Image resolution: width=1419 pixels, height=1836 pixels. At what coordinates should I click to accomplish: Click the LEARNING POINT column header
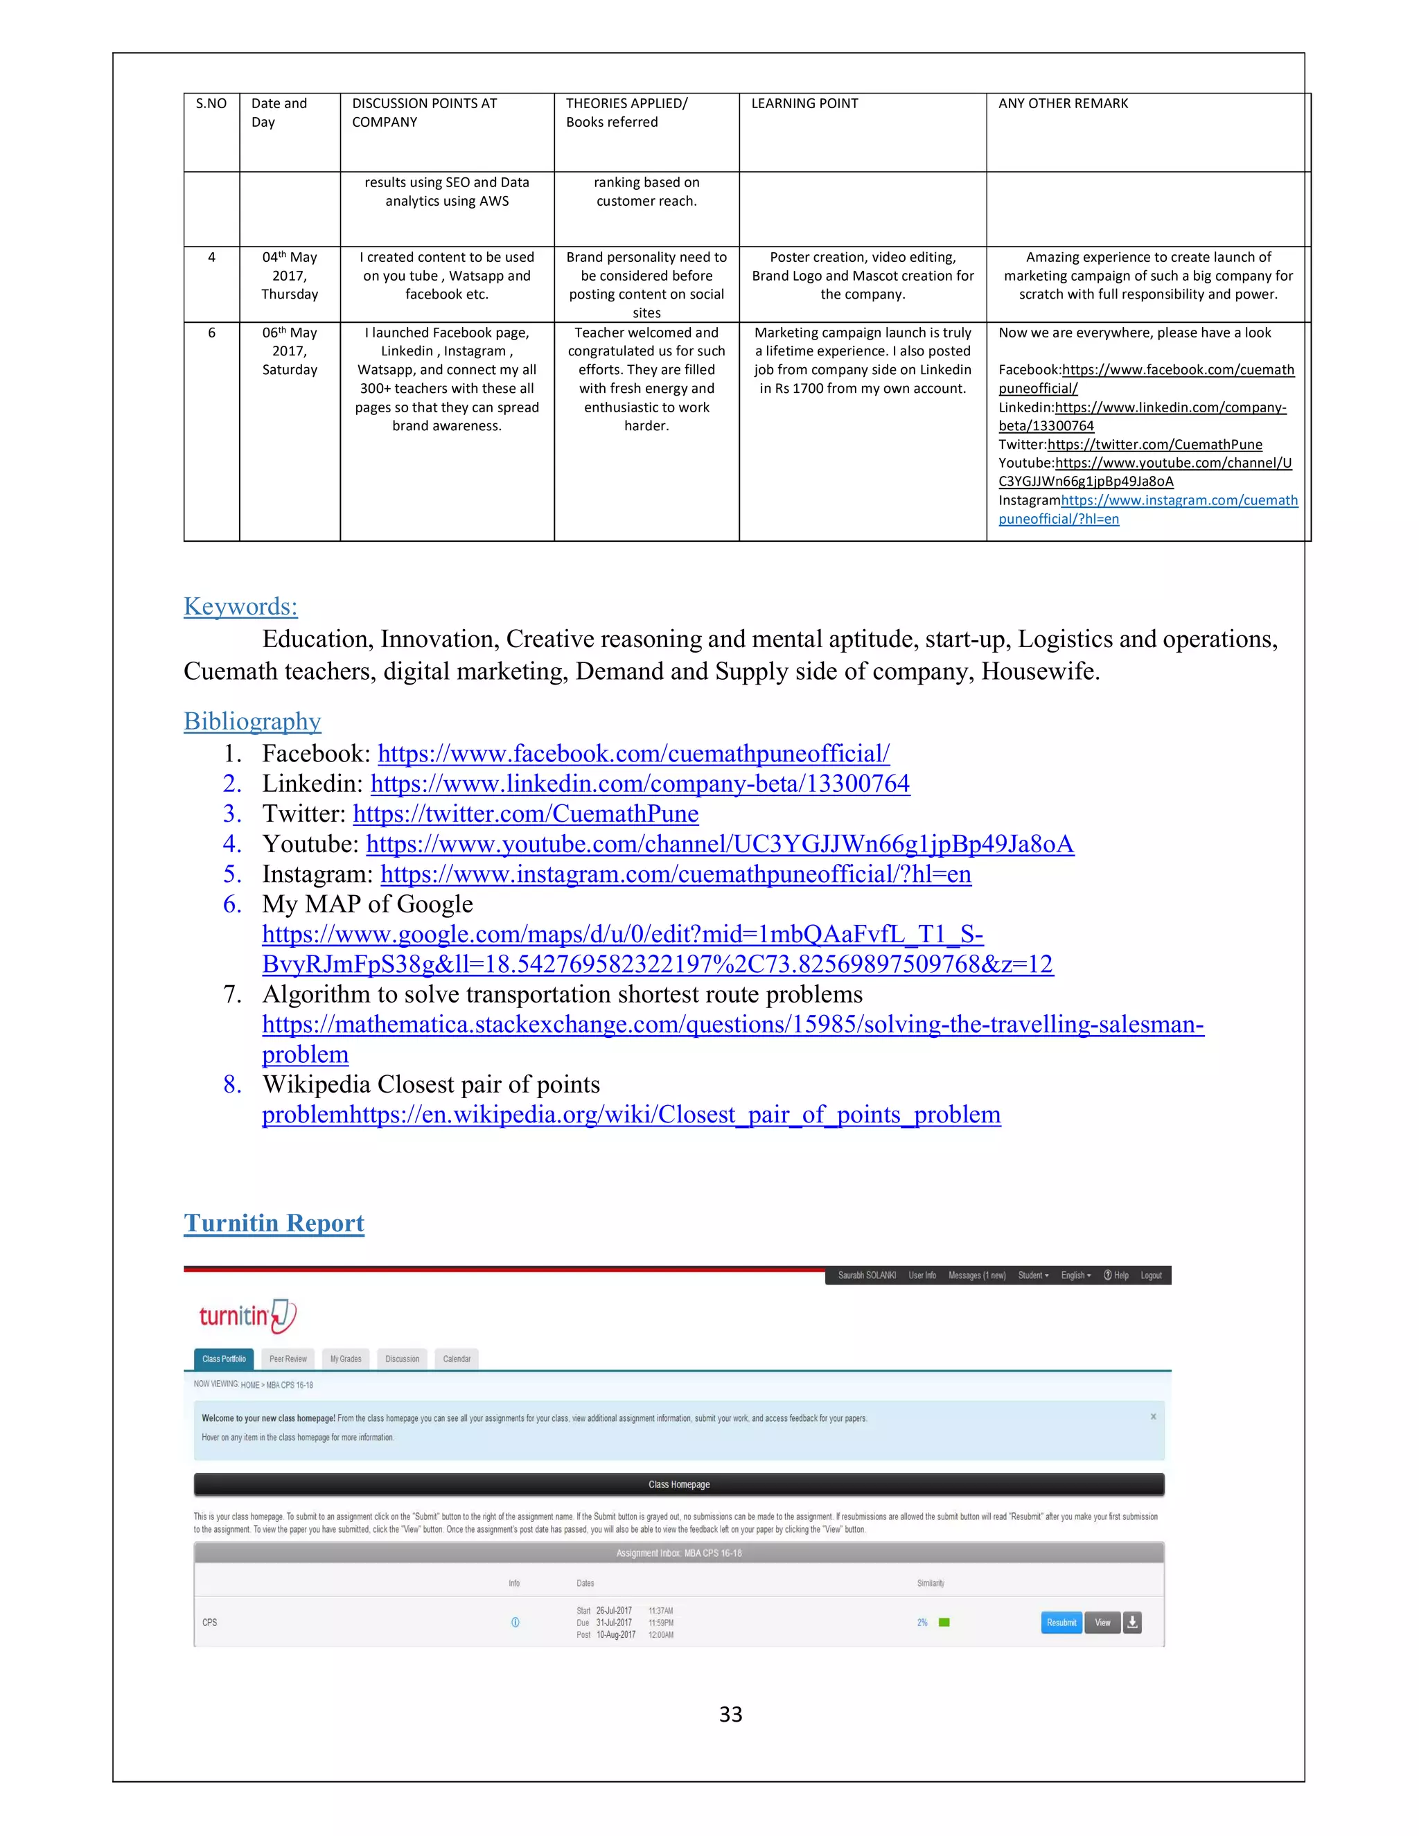coord(804,103)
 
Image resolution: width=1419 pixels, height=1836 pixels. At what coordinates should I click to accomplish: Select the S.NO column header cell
coord(211,103)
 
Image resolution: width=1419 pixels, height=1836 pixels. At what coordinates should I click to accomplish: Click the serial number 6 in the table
coord(211,333)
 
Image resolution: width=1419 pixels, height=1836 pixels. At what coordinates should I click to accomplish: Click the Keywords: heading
coord(240,606)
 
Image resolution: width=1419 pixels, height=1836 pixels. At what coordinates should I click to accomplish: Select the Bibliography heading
coord(252,721)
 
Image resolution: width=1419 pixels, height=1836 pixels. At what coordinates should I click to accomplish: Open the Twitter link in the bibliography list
coord(525,814)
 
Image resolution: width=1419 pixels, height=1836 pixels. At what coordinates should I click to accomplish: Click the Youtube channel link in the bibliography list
coord(720,844)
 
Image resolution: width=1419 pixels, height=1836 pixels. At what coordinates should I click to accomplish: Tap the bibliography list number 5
coord(232,874)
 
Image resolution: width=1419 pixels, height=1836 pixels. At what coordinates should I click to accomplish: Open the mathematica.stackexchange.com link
coord(732,1025)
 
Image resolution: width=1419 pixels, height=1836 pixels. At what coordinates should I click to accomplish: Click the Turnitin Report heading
coord(274,1223)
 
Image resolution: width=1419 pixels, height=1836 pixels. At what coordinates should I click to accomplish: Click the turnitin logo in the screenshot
coord(246,1316)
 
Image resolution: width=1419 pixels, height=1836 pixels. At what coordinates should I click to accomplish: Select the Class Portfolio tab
coord(224,1359)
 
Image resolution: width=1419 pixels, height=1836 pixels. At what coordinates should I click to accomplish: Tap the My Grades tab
coord(346,1359)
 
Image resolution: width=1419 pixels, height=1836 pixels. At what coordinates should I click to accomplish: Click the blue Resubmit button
coord(1061,1623)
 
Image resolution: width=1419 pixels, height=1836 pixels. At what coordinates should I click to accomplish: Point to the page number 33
coord(730,1715)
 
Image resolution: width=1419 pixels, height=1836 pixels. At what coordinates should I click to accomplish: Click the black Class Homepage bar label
coord(678,1485)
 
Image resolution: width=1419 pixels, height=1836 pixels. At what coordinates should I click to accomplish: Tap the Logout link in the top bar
coord(1151,1276)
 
